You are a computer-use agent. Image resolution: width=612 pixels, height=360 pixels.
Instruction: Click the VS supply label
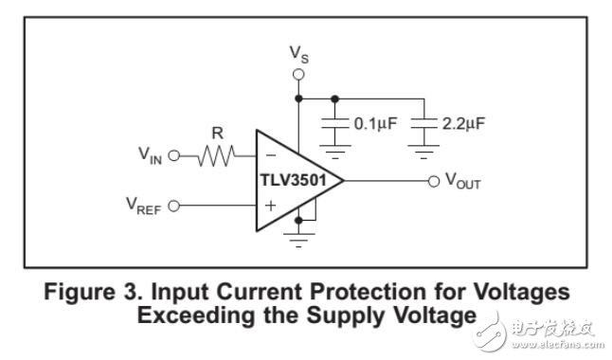[x=299, y=54]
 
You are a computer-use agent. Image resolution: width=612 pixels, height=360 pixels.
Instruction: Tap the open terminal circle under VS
[x=298, y=74]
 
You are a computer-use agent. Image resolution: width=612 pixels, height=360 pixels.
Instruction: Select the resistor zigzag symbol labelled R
[x=216, y=155]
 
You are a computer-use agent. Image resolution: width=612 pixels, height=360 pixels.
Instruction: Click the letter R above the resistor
[x=217, y=134]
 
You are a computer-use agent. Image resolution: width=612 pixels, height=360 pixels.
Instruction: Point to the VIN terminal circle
[x=174, y=155]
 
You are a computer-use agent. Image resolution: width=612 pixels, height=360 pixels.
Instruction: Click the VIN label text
[x=151, y=155]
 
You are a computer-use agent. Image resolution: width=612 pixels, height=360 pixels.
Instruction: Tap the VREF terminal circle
[x=174, y=206]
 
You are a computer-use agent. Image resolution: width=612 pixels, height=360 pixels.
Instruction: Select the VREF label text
[x=144, y=206]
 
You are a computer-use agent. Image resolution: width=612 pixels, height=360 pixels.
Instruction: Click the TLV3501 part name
[x=293, y=180]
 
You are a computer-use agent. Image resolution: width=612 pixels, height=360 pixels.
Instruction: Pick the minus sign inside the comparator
[x=270, y=155]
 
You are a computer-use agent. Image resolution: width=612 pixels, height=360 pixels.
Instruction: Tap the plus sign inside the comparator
[x=270, y=206]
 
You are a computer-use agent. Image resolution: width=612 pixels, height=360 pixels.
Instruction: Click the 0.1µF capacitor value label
[x=375, y=123]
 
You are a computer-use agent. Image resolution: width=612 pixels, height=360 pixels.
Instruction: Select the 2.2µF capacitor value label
[x=463, y=123]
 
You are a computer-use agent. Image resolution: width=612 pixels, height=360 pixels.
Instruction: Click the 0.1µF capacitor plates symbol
[x=334, y=123]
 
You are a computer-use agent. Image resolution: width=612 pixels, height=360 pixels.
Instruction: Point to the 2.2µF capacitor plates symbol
[x=423, y=123]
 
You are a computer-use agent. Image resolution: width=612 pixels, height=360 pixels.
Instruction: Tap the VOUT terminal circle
[x=434, y=181]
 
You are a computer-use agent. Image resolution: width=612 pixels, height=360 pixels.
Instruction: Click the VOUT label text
[x=463, y=181]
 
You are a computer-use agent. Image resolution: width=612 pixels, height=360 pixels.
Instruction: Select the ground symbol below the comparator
[x=298, y=240]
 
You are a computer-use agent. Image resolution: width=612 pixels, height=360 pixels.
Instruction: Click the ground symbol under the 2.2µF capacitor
[x=423, y=152]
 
